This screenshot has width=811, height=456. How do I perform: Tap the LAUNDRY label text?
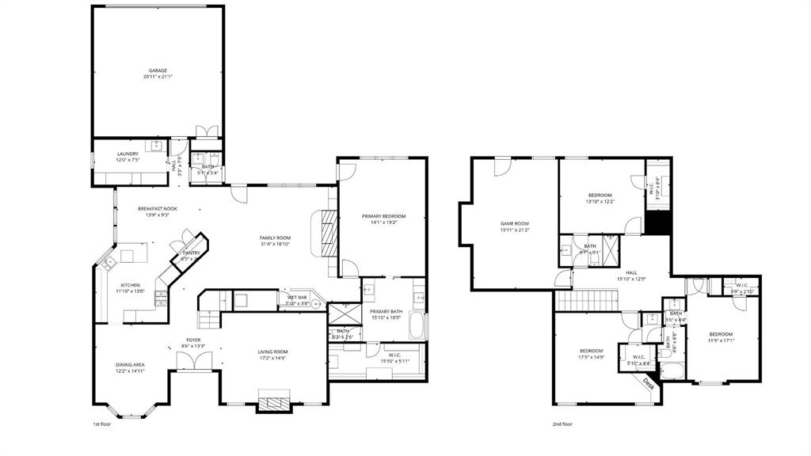click(128, 154)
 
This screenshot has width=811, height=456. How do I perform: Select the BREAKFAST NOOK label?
click(158, 208)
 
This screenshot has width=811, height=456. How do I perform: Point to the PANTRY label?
click(191, 253)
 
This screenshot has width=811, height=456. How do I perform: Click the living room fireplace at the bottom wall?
click(275, 404)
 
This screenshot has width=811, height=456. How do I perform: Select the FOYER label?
click(193, 340)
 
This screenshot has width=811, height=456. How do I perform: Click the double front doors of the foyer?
click(194, 361)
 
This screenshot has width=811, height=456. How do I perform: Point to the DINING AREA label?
click(130, 364)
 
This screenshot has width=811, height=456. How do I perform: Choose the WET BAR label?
click(298, 298)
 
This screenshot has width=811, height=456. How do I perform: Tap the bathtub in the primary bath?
click(417, 325)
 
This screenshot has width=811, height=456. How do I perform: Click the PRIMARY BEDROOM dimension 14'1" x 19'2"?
click(383, 223)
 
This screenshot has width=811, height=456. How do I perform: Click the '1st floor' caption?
click(101, 425)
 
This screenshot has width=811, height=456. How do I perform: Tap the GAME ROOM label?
click(514, 223)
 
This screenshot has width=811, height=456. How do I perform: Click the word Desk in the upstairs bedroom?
click(648, 384)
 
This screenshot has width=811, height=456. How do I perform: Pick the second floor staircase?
click(587, 301)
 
